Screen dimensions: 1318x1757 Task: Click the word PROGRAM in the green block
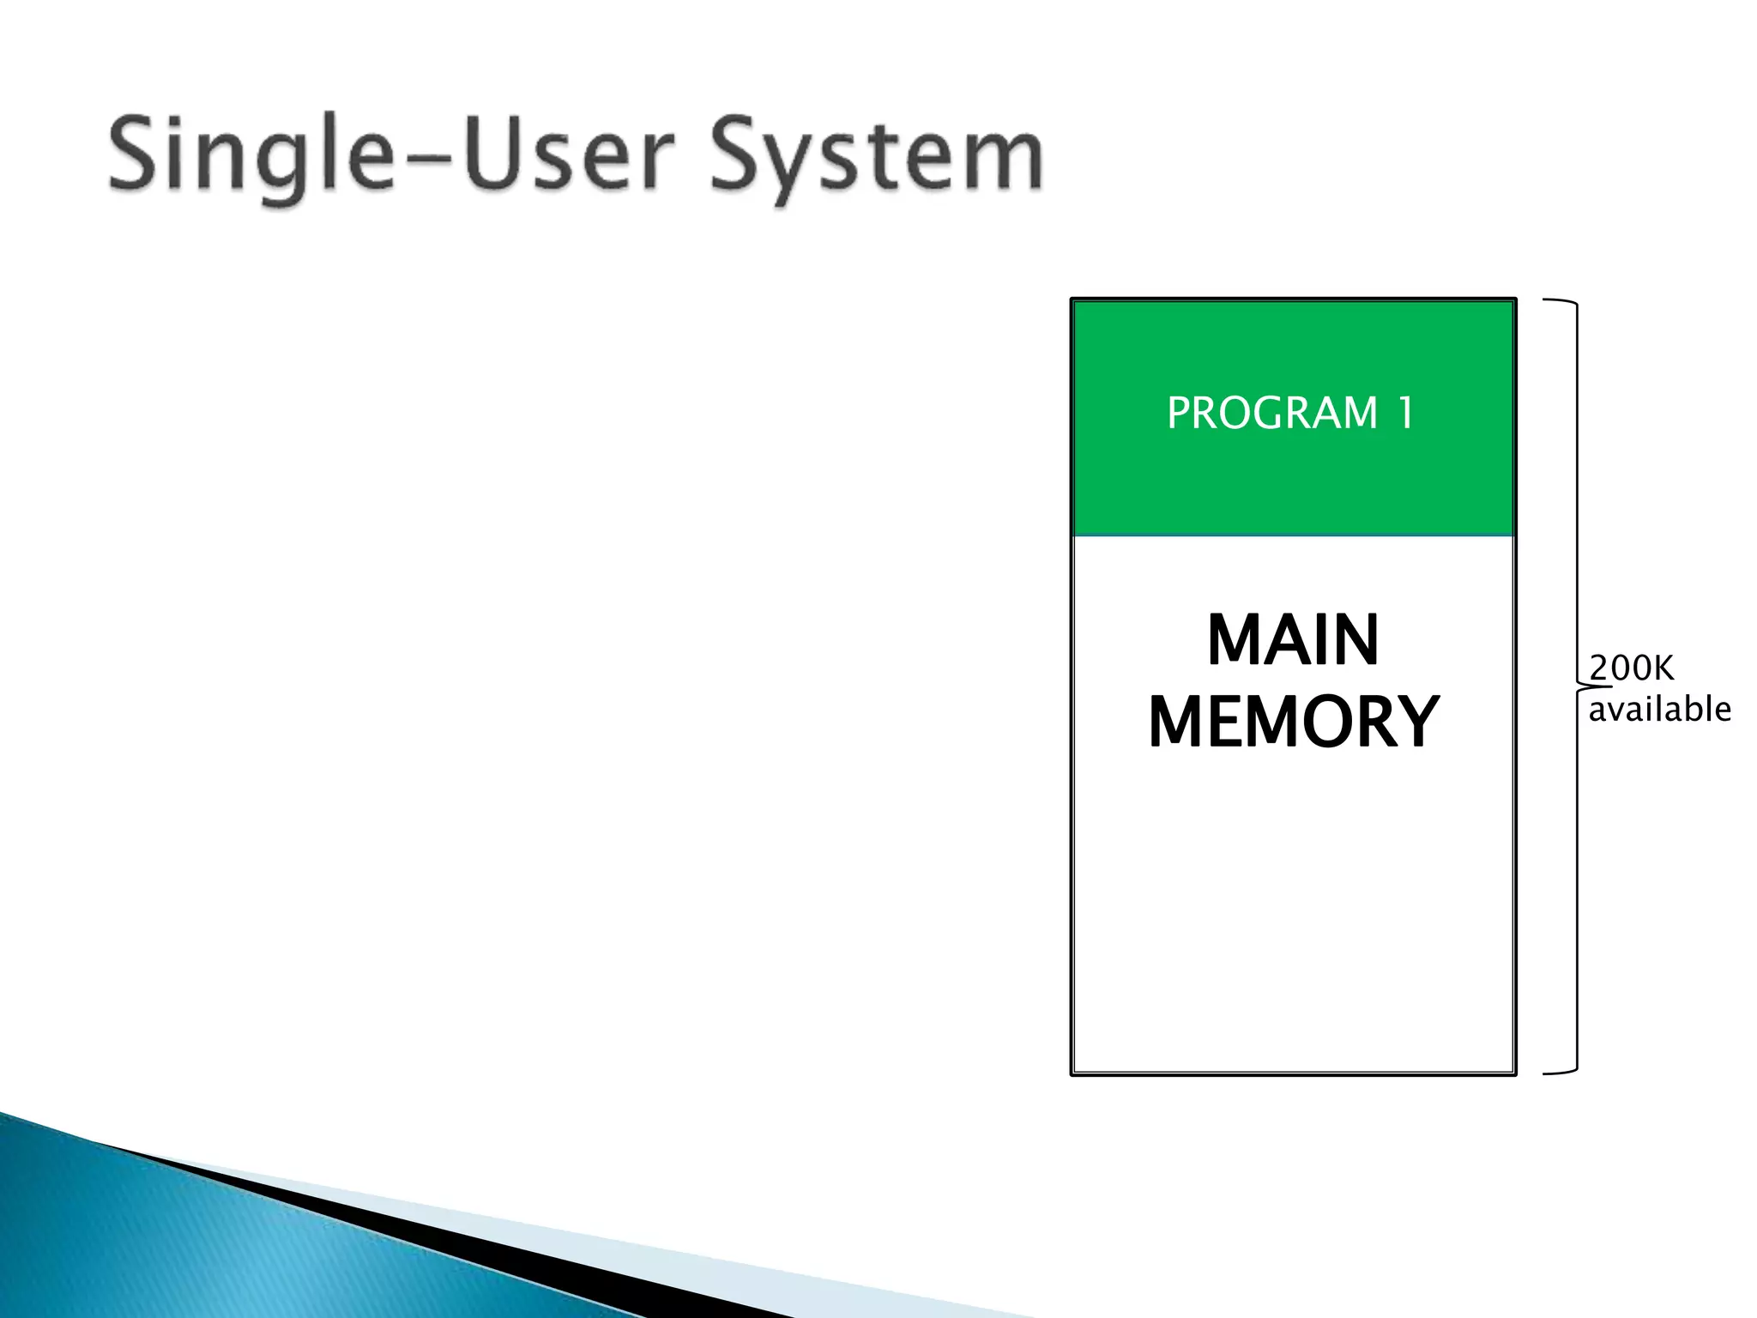(x=1271, y=413)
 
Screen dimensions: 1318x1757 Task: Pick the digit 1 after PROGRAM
(x=1405, y=413)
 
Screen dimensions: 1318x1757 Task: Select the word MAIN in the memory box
(x=1293, y=640)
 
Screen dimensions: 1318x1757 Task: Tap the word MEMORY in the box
(x=1293, y=722)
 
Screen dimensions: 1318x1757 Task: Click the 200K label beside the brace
(x=1631, y=668)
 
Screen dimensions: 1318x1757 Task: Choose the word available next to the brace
(x=1659, y=710)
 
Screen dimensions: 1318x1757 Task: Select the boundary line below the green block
(x=1293, y=535)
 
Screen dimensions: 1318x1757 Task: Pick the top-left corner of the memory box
(x=1072, y=299)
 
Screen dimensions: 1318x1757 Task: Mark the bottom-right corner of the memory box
(x=1515, y=1074)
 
